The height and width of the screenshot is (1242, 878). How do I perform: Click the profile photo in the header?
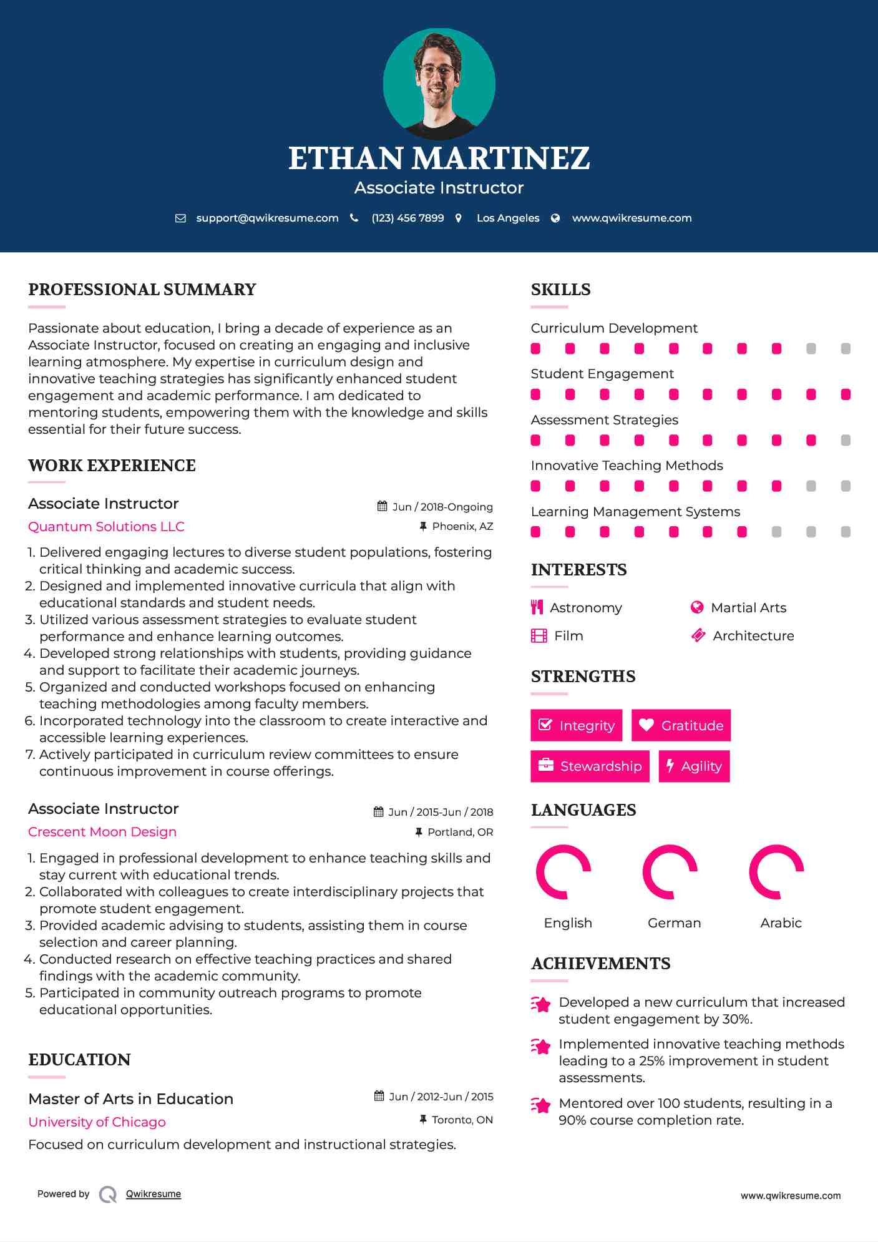439,84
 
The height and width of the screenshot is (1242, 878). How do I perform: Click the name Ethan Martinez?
439,159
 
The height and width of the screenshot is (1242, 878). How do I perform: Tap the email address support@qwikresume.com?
267,218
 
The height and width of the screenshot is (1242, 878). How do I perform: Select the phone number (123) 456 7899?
407,218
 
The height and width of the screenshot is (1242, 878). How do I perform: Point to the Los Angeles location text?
507,218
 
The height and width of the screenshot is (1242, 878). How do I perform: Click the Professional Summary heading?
142,290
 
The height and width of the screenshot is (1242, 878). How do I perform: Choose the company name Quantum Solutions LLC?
106,526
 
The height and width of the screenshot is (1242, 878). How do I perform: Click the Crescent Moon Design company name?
102,831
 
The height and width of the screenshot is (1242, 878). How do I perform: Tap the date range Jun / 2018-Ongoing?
442,507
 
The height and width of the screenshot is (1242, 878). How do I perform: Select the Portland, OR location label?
460,832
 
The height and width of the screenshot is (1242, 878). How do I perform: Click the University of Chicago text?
97,1122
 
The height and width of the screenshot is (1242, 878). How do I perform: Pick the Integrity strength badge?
576,725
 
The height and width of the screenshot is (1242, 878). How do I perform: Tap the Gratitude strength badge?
681,725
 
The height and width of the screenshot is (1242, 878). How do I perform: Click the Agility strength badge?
694,766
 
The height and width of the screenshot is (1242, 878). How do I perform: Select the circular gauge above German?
670,872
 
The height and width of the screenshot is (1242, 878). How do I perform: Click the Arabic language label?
781,922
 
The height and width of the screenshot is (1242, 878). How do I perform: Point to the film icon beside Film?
539,635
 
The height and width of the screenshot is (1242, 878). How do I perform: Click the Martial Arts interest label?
748,607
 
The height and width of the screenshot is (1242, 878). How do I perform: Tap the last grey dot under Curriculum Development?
846,348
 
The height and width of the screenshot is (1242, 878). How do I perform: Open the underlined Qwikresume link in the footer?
154,1193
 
